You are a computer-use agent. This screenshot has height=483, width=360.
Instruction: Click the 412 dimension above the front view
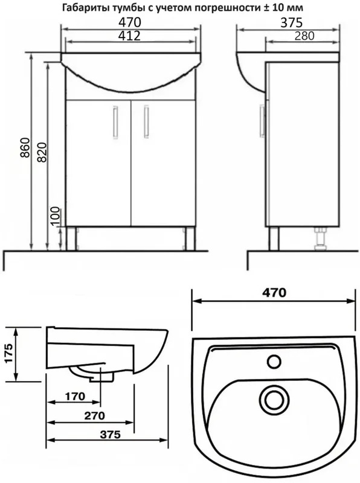(129, 36)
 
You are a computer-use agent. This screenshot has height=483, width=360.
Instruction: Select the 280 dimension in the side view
(304, 36)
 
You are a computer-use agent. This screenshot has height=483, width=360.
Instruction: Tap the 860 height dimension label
(25, 147)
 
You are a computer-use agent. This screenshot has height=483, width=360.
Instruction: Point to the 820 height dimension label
(42, 152)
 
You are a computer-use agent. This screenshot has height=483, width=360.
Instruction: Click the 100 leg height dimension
(56, 217)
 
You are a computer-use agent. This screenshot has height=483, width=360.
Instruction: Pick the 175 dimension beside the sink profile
(9, 353)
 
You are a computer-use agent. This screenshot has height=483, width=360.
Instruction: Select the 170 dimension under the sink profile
(74, 396)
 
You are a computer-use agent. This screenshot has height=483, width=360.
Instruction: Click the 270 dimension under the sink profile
(95, 415)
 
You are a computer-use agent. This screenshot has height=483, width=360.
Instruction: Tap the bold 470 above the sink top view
(274, 292)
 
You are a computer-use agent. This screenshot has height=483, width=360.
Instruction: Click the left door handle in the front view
(115, 121)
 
